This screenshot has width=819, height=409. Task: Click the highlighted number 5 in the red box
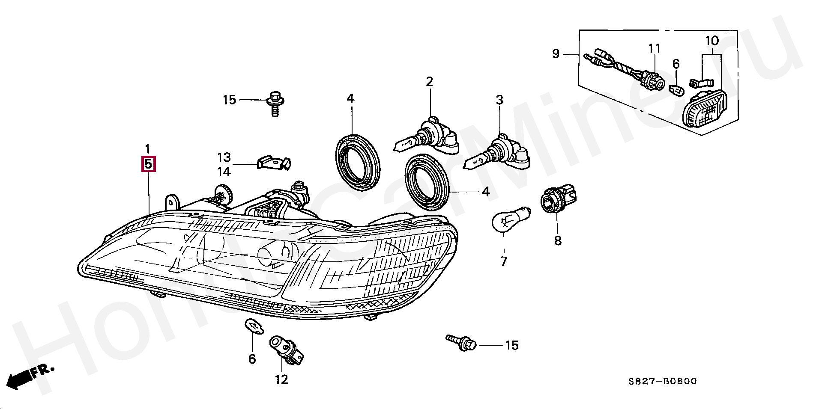click(x=148, y=164)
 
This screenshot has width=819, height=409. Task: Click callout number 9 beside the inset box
click(x=556, y=54)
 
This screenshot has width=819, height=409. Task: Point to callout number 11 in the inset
click(x=654, y=48)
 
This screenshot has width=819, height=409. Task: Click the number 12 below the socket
click(x=281, y=379)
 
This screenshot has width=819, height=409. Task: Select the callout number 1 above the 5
click(x=147, y=149)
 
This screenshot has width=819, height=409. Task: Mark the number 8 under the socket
click(x=557, y=240)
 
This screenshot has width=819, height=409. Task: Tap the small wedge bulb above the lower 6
click(x=254, y=327)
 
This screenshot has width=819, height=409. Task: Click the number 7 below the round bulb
click(x=503, y=261)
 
